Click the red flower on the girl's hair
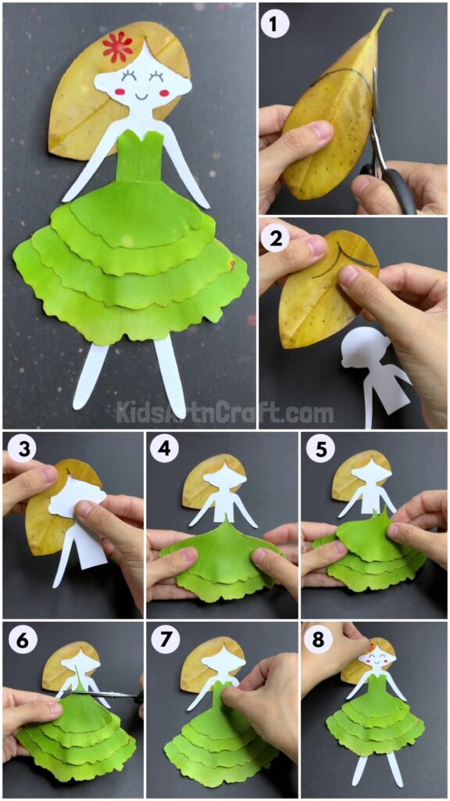click(x=117, y=47)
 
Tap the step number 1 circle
click(x=272, y=26)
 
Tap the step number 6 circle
click(x=18, y=640)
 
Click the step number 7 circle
click(x=164, y=640)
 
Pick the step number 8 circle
click(x=316, y=640)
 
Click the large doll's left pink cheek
click(x=120, y=92)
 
